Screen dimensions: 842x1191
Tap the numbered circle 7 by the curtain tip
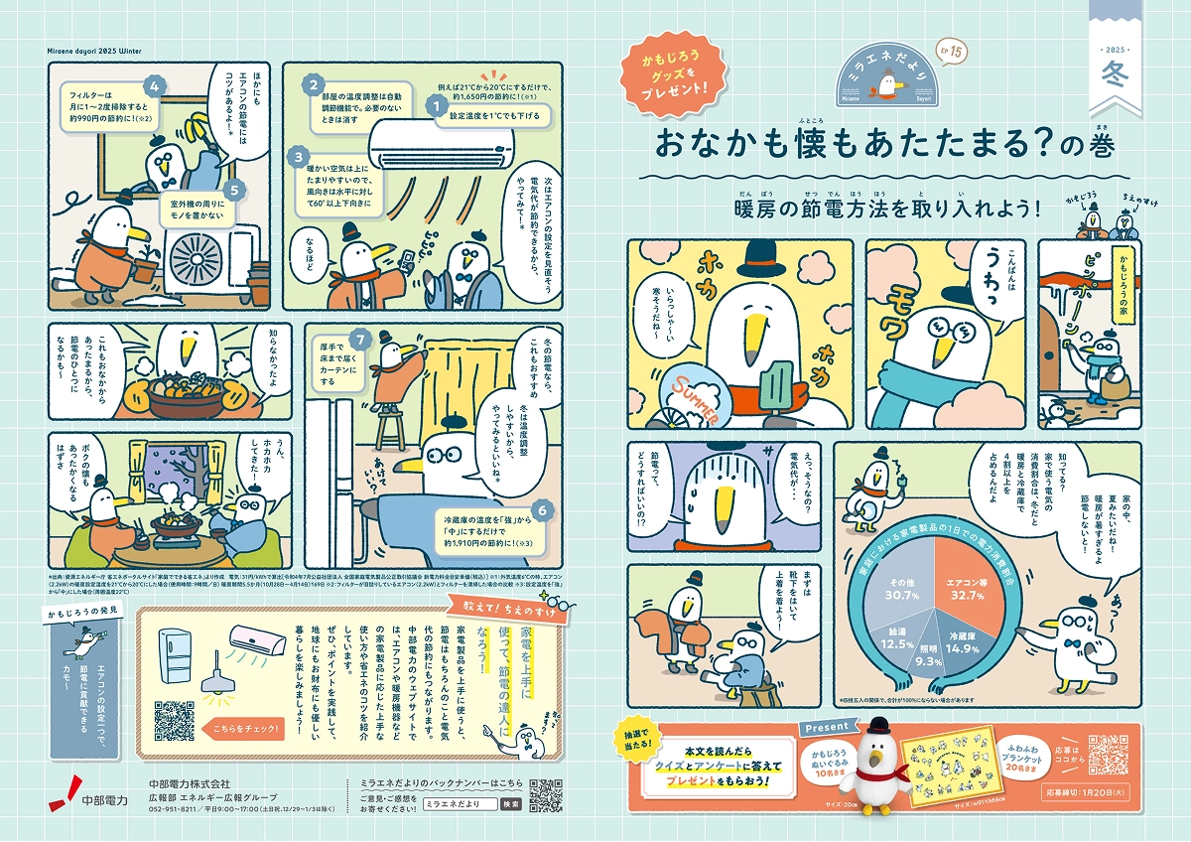pyautogui.click(x=361, y=340)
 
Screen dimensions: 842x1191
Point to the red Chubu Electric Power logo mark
pyautogui.click(x=68, y=788)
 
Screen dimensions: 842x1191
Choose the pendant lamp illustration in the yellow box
pyautogui.click(x=210, y=684)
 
